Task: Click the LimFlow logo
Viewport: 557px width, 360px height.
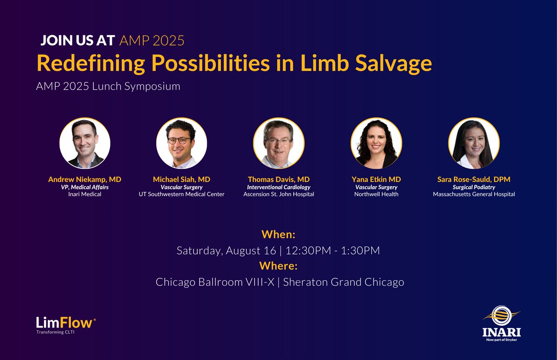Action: coord(66,323)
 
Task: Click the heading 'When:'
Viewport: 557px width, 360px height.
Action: coord(278,233)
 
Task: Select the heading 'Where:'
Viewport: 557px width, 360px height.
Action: coord(278,266)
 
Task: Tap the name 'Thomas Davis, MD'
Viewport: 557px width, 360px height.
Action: coord(278,179)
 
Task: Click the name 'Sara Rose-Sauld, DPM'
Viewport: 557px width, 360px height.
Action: coord(473,179)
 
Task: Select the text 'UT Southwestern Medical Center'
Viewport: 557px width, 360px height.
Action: coord(182,194)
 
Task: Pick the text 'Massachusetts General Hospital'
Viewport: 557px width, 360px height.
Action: coord(473,194)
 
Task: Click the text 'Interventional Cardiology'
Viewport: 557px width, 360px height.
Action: coord(278,187)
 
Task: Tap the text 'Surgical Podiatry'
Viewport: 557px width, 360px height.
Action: coord(473,187)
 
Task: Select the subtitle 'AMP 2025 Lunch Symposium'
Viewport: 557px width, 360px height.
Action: coord(108,86)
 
